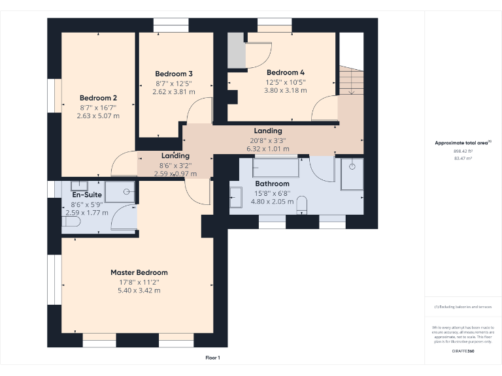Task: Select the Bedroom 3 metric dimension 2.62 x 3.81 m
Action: [174, 92]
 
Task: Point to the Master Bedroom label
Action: [139, 272]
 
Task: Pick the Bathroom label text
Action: [272, 184]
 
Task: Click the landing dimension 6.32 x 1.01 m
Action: [268, 149]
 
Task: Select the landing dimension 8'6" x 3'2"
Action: [175, 165]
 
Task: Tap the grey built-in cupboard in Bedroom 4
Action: [236, 51]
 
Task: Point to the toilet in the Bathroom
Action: [301, 206]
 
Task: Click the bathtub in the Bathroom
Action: [275, 168]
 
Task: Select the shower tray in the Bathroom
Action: [352, 173]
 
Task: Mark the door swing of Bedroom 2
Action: [123, 164]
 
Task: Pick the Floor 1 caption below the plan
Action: [212, 358]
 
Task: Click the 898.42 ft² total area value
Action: [462, 151]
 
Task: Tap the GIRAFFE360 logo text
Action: [463, 352]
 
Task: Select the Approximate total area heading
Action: [462, 142]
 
